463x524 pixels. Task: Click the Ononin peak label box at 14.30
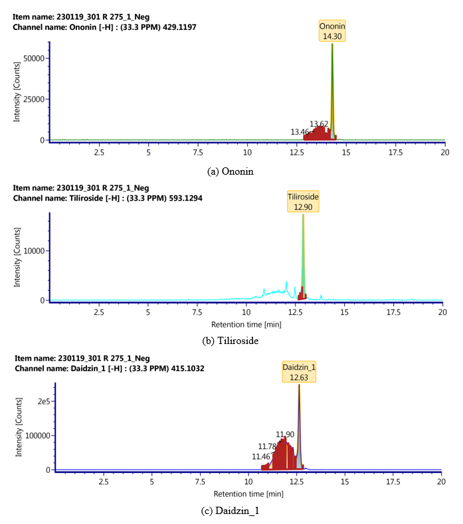332,31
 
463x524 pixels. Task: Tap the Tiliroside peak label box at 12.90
303,201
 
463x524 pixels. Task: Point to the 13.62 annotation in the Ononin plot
320,124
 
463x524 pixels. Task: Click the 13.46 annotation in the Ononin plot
300,132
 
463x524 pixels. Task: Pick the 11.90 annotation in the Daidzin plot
285,434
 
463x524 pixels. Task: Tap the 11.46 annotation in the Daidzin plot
261,456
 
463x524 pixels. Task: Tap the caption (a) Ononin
230,171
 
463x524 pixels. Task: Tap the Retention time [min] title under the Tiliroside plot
246,325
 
